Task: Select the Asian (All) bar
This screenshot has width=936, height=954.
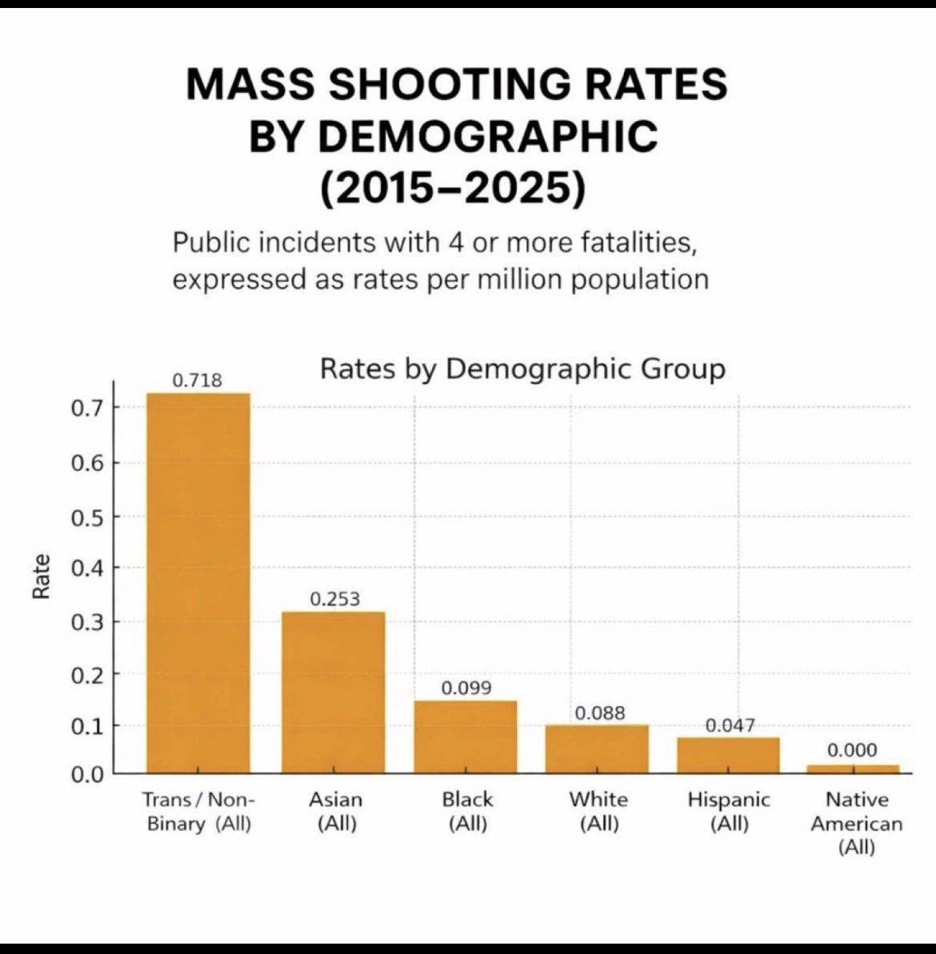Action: [333, 692]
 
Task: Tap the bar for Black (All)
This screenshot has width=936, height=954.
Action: [465, 736]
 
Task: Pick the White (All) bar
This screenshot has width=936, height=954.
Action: [597, 748]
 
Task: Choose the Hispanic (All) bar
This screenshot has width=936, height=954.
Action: [728, 755]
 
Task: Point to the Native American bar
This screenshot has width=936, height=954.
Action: [853, 769]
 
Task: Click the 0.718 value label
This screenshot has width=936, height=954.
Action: [198, 381]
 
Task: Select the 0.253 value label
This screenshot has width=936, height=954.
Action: [334, 599]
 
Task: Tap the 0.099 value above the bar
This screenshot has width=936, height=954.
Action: [466, 689]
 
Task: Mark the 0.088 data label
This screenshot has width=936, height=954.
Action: [600, 713]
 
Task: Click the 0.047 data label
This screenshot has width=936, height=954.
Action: [730, 725]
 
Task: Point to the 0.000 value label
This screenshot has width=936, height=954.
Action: [852, 751]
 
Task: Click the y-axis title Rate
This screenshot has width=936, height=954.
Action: [41, 576]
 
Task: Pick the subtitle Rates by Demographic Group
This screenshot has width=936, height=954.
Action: [522, 369]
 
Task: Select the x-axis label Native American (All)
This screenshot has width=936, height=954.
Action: [856, 823]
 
